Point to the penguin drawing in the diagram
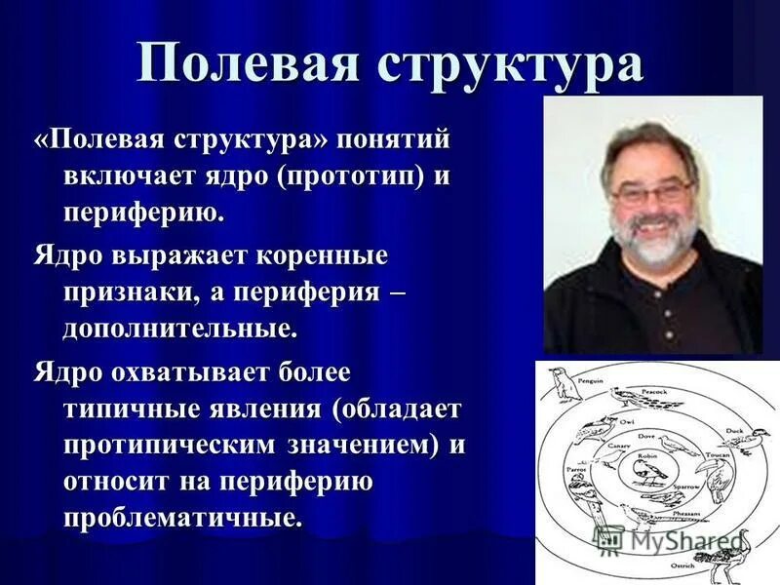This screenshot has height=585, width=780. click(563, 384)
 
